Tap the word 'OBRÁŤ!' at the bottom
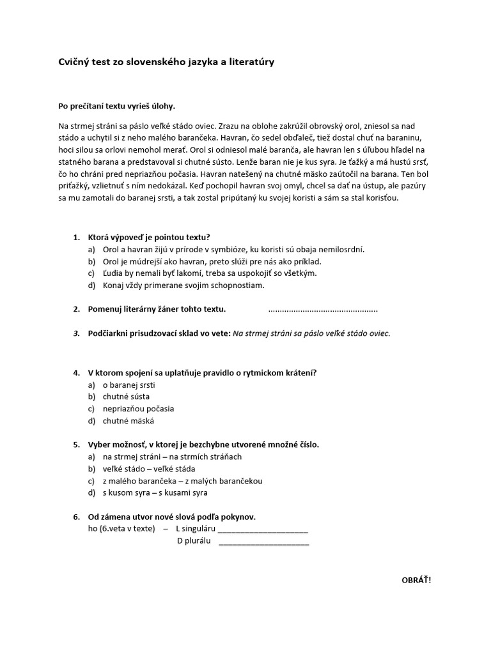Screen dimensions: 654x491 (416, 580)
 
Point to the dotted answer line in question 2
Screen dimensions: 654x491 (323, 310)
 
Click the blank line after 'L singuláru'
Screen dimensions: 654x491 (263, 529)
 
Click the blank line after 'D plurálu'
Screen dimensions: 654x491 (263, 542)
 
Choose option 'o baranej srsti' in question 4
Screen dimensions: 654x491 (129, 385)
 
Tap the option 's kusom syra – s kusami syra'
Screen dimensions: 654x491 (155, 492)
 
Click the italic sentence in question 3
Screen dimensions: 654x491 (311, 333)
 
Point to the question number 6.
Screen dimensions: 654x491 (75, 517)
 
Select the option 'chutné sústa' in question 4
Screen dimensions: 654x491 (126, 397)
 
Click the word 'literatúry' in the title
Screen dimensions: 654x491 (254, 62)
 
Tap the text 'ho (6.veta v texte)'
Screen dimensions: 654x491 (121, 529)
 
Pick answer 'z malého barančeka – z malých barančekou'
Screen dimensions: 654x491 (182, 481)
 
